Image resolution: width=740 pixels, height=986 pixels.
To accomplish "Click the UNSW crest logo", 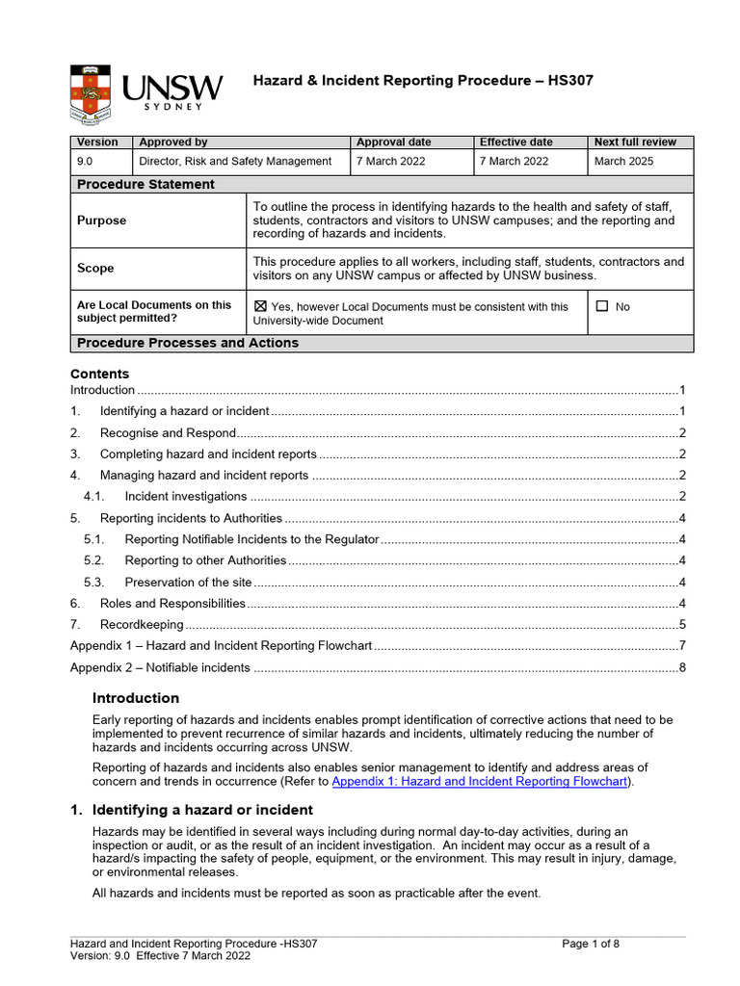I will pyautogui.click(x=92, y=94).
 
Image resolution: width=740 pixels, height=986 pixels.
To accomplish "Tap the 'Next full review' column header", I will pyautogui.click(x=635, y=143).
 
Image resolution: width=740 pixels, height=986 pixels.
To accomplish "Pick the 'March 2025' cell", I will pyautogui.click(x=623, y=162).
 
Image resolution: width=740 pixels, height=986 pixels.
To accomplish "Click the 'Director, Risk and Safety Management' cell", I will pyautogui.click(x=235, y=162).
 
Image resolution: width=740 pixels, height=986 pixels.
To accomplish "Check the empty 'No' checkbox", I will pyautogui.click(x=602, y=306).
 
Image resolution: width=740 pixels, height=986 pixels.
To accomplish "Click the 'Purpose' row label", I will pyautogui.click(x=101, y=221).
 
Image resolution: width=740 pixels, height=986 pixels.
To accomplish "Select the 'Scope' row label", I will pyautogui.click(x=95, y=269).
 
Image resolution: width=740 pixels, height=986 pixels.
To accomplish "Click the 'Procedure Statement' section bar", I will pyautogui.click(x=145, y=184).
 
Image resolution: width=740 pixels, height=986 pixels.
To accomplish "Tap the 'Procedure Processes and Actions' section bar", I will pyautogui.click(x=187, y=343).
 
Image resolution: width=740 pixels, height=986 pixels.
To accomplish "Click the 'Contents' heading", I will pyautogui.click(x=99, y=374).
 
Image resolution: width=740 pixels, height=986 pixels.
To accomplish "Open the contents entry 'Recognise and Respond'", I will pyautogui.click(x=168, y=432).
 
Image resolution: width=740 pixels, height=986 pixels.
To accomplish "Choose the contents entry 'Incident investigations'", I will pyautogui.click(x=185, y=497).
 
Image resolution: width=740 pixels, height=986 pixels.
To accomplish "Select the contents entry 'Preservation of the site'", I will pyautogui.click(x=188, y=582).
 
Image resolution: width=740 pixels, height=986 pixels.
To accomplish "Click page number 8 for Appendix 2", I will pyautogui.click(x=681, y=667).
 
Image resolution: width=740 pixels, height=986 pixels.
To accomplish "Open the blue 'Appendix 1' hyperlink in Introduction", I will pyautogui.click(x=481, y=782).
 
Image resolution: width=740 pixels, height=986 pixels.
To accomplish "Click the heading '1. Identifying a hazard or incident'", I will pyautogui.click(x=191, y=810).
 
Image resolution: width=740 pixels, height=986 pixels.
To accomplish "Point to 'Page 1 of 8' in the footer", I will pyautogui.click(x=591, y=944).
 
